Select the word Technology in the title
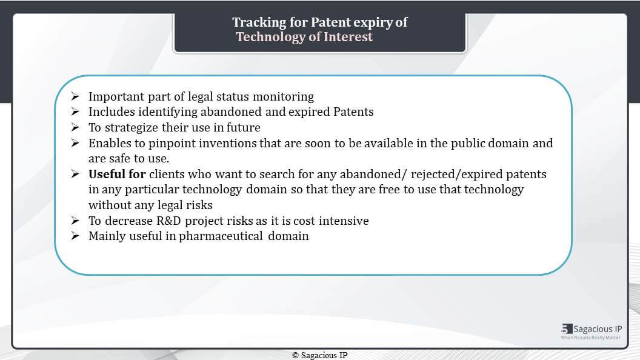click(271, 37)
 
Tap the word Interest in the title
click(348, 37)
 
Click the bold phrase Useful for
click(117, 174)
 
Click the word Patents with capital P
click(353, 112)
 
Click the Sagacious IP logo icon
click(567, 329)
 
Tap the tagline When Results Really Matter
click(591, 338)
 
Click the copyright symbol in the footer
click(296, 356)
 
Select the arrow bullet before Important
click(75, 96)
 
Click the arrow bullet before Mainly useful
click(75, 236)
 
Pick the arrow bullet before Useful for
click(75, 174)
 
